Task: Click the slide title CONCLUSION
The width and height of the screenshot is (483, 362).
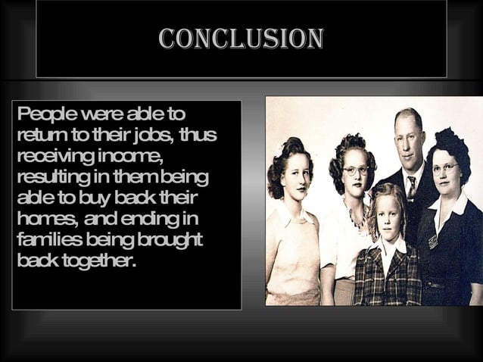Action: click(x=241, y=39)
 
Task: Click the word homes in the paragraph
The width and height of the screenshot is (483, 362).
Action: click(x=45, y=220)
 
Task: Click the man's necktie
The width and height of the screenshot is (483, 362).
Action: click(x=410, y=189)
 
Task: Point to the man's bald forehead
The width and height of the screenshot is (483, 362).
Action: click(x=409, y=121)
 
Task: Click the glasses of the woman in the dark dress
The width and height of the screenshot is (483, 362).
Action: click(x=445, y=169)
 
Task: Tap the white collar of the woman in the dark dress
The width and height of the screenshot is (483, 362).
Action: click(x=450, y=202)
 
